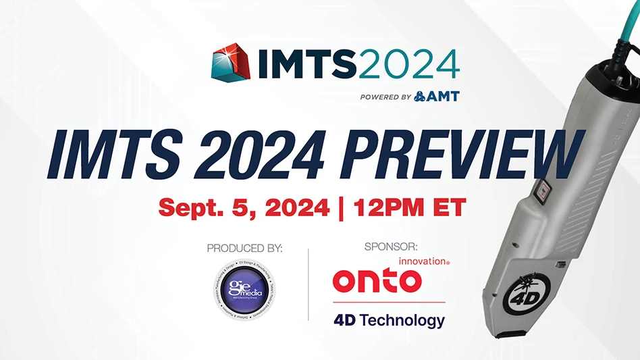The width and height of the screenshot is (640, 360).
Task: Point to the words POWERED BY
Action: click(385, 97)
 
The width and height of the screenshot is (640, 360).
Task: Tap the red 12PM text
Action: click(394, 207)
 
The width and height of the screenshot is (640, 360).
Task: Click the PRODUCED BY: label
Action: click(244, 249)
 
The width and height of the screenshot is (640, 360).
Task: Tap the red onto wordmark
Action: click(377, 281)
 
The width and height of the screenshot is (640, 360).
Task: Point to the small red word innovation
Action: click(423, 261)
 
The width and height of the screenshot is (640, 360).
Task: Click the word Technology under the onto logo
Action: click(402, 319)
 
